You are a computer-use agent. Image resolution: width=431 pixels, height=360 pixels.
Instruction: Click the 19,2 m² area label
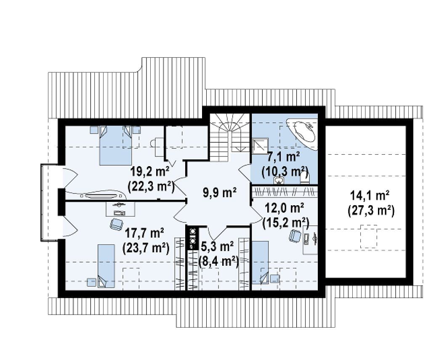[x=150, y=172]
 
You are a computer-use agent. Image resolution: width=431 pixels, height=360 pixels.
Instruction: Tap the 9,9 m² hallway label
[x=220, y=193]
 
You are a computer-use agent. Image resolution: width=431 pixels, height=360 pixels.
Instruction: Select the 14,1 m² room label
[x=370, y=196]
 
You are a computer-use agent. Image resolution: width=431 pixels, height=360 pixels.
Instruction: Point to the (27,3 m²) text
[x=371, y=211]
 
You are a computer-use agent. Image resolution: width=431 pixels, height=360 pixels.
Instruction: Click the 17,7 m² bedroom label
[x=145, y=234]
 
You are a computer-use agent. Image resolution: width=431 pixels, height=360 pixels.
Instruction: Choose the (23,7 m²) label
[x=146, y=248]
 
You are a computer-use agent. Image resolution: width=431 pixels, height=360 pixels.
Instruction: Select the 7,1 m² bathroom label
[x=283, y=158]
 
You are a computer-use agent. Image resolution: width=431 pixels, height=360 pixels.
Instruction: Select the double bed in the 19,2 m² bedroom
[x=115, y=146]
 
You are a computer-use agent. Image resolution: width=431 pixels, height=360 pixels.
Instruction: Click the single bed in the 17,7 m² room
[x=106, y=266]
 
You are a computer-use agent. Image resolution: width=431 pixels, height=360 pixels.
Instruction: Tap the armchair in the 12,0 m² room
[x=295, y=236]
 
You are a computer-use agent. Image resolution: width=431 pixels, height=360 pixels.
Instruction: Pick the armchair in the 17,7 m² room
[x=117, y=225]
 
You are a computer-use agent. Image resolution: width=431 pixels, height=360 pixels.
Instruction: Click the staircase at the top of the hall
[x=230, y=137]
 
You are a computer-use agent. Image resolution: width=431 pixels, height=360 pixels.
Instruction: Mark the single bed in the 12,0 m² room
[x=260, y=262]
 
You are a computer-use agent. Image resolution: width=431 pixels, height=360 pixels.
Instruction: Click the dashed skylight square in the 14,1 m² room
[x=369, y=236]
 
